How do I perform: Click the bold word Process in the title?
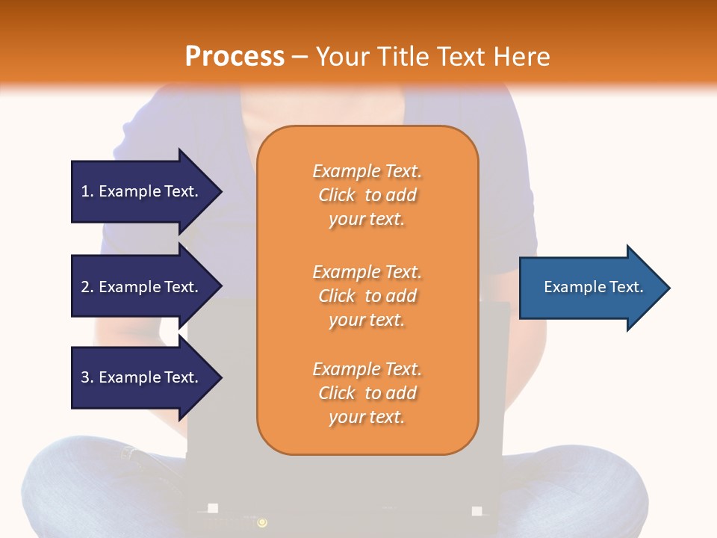click(x=235, y=56)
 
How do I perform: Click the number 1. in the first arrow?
click(x=87, y=191)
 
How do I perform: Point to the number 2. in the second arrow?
click(x=87, y=287)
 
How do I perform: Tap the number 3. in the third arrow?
click(x=87, y=377)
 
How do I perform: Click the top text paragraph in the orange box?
click(x=367, y=195)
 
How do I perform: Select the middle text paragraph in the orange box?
click(x=367, y=296)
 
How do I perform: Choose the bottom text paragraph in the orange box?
click(x=367, y=393)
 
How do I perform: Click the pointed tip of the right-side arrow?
click(x=668, y=288)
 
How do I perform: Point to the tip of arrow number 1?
click(x=220, y=191)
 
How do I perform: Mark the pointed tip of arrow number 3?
click(x=220, y=377)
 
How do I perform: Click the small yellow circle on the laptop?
click(x=262, y=522)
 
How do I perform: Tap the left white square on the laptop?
click(x=213, y=508)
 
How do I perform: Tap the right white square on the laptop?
click(x=477, y=511)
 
